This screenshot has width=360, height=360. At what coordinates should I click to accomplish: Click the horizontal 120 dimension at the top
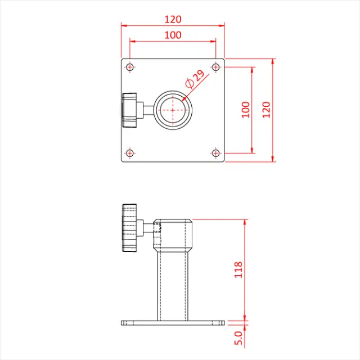(x=173, y=19)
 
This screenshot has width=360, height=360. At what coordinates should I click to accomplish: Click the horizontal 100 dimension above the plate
(x=173, y=35)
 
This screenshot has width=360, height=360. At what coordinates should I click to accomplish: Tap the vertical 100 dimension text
(x=245, y=109)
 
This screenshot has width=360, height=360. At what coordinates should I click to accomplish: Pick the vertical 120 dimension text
(x=266, y=109)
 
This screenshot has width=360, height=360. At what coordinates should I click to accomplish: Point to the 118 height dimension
(x=238, y=269)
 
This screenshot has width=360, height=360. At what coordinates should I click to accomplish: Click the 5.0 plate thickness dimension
(x=238, y=339)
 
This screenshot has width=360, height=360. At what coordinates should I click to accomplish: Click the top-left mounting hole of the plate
(x=130, y=67)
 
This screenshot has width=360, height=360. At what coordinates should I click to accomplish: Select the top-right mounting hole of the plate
(x=216, y=67)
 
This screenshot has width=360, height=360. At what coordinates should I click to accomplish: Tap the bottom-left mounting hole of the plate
(x=130, y=153)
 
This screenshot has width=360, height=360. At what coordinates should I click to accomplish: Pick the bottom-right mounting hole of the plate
(x=216, y=153)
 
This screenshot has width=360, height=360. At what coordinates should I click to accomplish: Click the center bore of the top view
(x=173, y=110)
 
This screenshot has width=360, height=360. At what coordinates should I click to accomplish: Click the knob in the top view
(x=129, y=110)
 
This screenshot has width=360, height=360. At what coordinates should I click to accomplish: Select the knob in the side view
(x=129, y=228)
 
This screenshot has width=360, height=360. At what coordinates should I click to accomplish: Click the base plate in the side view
(x=173, y=323)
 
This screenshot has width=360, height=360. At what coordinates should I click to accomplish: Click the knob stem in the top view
(x=146, y=110)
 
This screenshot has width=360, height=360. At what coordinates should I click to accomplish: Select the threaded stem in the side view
(x=147, y=228)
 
